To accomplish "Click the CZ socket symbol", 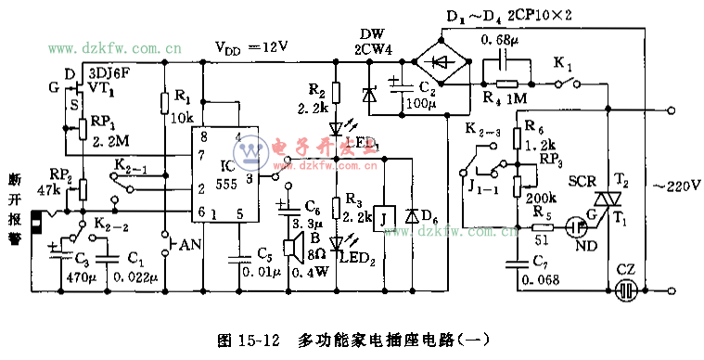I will tap(627, 288).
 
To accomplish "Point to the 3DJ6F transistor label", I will tap(109, 70).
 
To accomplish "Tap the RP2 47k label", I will tap(60, 180).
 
